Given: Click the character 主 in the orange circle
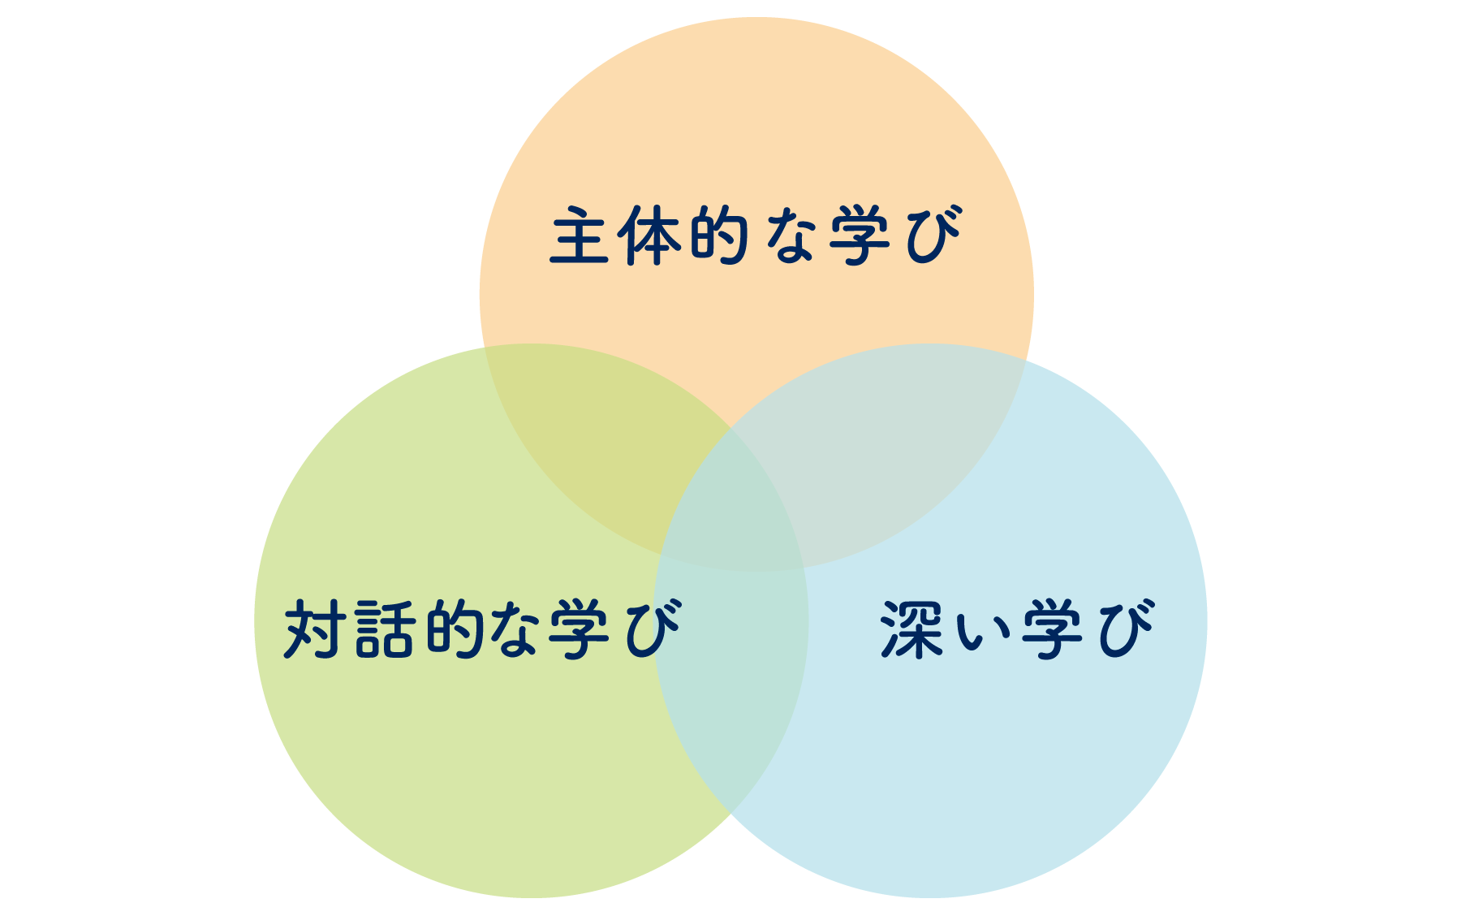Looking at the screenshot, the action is tap(580, 235).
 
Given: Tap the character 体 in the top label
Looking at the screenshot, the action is tap(649, 235).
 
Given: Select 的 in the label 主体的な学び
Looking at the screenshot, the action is tap(718, 235).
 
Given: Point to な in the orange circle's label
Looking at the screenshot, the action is tap(784, 235).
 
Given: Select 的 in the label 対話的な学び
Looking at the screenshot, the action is tap(455, 629).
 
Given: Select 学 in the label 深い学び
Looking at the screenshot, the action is tap(1052, 629).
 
